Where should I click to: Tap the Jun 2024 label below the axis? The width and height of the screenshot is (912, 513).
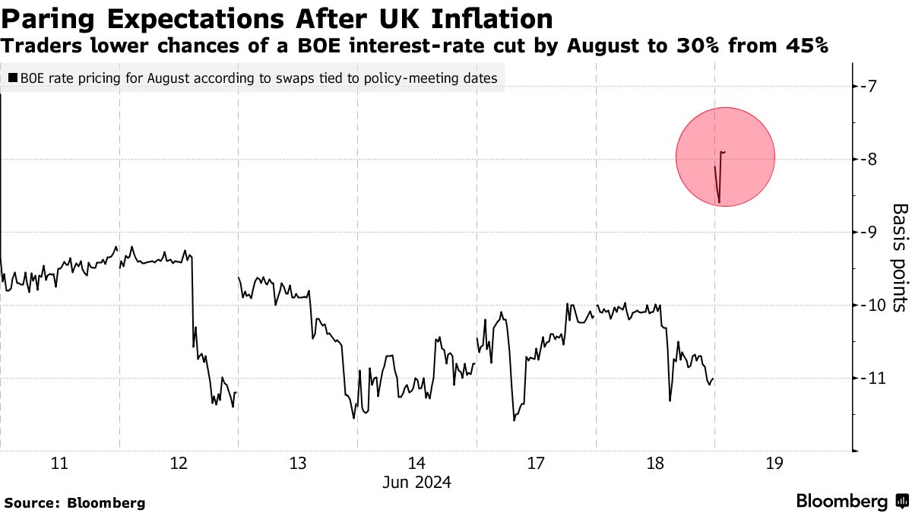(416, 482)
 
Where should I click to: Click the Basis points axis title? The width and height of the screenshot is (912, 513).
(899, 258)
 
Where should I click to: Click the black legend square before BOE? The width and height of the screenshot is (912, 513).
(13, 78)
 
